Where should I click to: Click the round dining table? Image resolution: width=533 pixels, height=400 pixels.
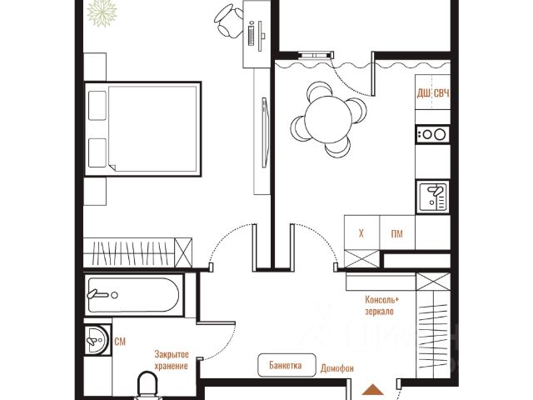click(328, 119)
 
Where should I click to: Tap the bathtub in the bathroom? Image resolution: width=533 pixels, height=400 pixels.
click(133, 295)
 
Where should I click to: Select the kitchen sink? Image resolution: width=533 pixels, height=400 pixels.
click(433, 197)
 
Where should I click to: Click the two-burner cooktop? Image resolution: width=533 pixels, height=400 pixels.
click(432, 134)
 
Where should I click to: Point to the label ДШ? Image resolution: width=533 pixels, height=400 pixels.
click(423, 93)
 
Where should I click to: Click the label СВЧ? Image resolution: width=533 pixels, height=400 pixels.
click(441, 93)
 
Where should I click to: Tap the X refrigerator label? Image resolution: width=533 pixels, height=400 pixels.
click(361, 233)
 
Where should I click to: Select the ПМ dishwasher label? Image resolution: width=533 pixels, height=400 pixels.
click(396, 233)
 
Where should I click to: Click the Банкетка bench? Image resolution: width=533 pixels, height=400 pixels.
click(286, 365)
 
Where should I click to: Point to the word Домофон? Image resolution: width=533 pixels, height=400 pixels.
click(336, 368)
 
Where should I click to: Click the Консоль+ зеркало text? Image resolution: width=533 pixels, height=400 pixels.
click(381, 306)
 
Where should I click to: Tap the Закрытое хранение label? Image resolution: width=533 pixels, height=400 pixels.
click(172, 360)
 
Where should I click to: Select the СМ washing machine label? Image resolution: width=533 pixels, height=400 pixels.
click(120, 342)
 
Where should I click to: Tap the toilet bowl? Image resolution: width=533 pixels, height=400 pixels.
click(147, 386)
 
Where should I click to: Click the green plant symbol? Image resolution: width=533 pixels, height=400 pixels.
click(102, 13)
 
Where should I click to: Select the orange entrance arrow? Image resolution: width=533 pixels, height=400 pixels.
click(373, 389)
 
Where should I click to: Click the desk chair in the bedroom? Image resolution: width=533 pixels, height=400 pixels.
click(228, 20)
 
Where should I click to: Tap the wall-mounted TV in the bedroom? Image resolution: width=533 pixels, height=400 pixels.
click(265, 132)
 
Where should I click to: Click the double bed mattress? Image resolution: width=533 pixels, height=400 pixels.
click(152, 129)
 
